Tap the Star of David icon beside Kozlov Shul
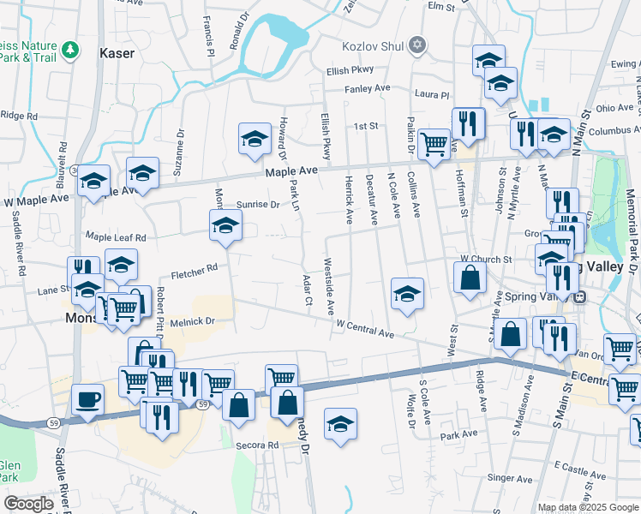[x=417, y=44]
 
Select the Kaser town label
[x=117, y=53]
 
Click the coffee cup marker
[x=87, y=399]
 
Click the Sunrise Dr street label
[x=258, y=205]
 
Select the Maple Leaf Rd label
[x=116, y=236]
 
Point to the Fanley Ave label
[x=367, y=88]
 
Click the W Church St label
[x=485, y=259]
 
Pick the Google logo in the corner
[x=28, y=504]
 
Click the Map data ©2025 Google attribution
[x=588, y=507]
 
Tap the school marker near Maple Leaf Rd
[x=225, y=225]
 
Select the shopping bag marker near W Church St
[x=470, y=278]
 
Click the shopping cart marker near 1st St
[x=434, y=141]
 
